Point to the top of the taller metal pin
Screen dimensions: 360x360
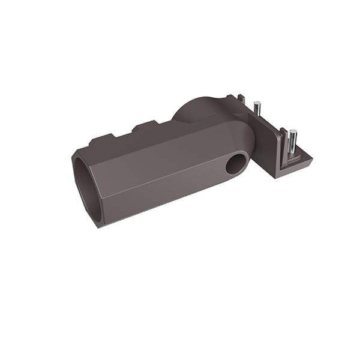pos(293,131)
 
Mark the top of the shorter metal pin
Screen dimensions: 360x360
pos(256,105)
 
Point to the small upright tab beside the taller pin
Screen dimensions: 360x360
pos(280,135)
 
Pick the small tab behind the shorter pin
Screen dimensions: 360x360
pos(240,98)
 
